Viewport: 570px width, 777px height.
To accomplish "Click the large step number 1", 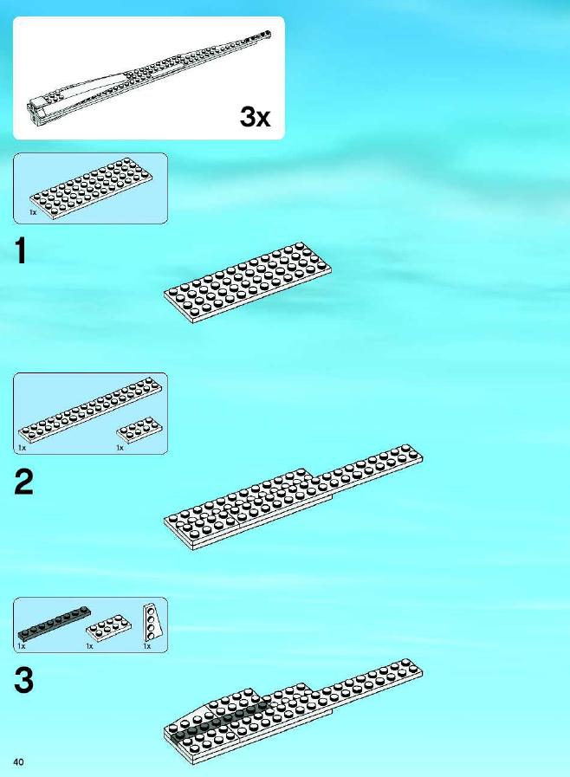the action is tap(21, 250).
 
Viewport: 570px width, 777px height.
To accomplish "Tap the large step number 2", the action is tap(23, 482).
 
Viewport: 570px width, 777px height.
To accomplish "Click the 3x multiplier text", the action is tap(256, 117).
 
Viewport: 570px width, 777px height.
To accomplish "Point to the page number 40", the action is tap(19, 761).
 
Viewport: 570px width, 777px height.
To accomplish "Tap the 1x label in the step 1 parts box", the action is tap(33, 212).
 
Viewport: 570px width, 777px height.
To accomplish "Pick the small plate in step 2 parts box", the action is tap(139, 430).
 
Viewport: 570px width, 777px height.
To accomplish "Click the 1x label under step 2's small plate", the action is tap(120, 448).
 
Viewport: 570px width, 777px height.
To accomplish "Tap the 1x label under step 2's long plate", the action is tap(22, 448).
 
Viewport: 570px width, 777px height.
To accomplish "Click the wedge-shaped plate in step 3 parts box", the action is tap(152, 623).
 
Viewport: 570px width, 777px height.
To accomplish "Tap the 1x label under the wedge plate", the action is tap(146, 646).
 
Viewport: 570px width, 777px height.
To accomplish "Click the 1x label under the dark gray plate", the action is tap(22, 646).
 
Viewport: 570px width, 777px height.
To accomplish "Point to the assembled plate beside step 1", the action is tap(248, 282).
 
